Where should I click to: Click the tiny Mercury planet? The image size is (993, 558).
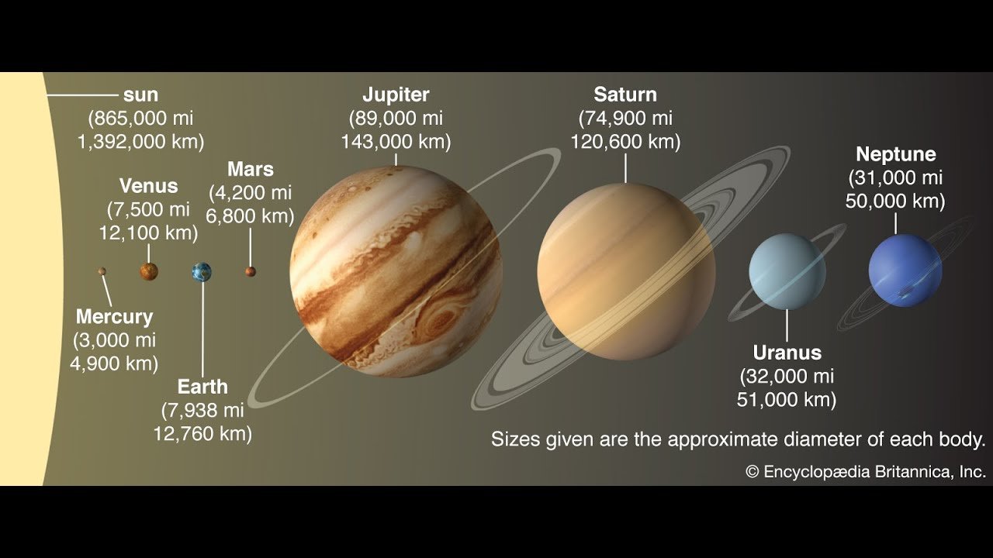[102, 271]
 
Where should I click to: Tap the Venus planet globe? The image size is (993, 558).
[149, 271]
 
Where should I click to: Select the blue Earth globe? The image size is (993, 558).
[202, 272]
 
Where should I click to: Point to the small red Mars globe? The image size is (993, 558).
[251, 271]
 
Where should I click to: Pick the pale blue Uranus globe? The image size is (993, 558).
[787, 271]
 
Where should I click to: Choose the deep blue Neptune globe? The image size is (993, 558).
[905, 270]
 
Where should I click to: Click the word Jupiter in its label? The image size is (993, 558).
[396, 95]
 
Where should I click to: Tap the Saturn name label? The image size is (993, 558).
[625, 95]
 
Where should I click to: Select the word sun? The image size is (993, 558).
[140, 95]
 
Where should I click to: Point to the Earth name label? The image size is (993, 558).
[202, 387]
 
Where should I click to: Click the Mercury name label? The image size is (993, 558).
[114, 317]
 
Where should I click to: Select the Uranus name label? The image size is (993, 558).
[787, 353]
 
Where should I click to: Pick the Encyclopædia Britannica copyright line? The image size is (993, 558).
[866, 472]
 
